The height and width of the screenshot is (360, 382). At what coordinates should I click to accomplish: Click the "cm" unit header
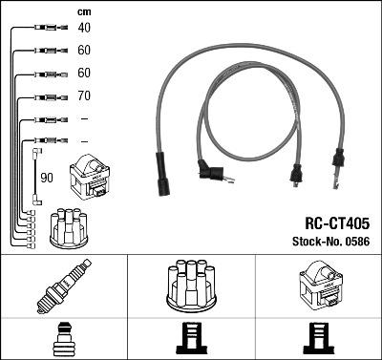coord(83,11)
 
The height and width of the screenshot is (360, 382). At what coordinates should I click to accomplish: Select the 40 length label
coord(84,28)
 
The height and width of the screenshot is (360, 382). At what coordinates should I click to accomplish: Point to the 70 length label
coord(84,96)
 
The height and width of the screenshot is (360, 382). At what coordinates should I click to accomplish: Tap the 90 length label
coord(47,178)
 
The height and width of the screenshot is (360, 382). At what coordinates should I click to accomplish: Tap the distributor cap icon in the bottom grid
coord(191,287)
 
